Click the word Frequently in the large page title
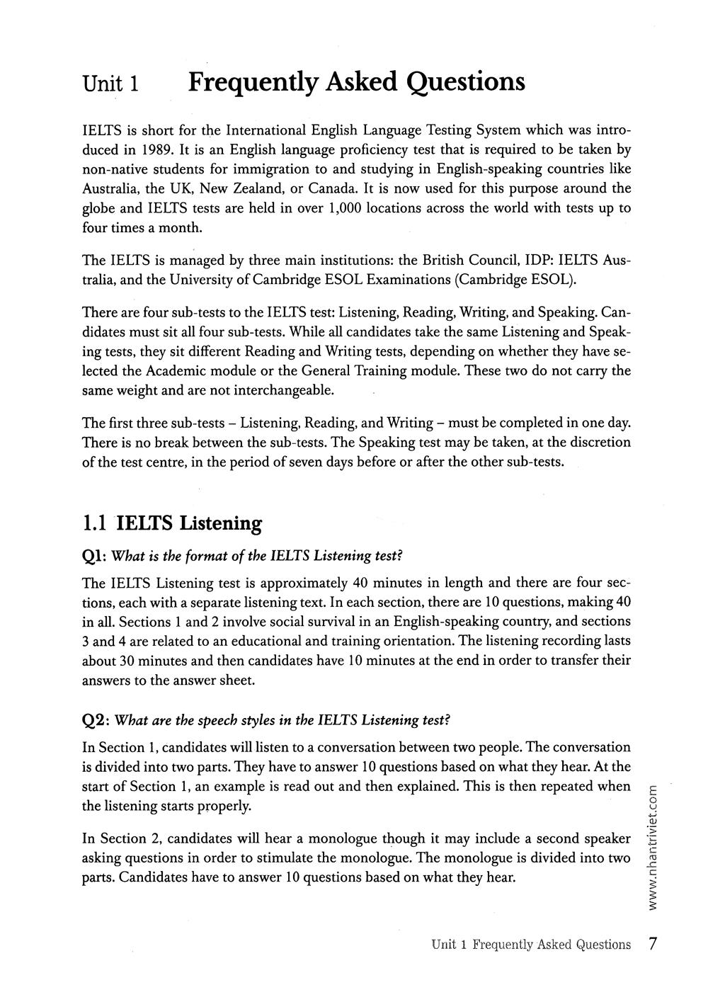250,82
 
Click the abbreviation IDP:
540,260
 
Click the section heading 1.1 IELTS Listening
172,523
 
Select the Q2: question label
96,720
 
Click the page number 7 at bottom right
653,945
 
